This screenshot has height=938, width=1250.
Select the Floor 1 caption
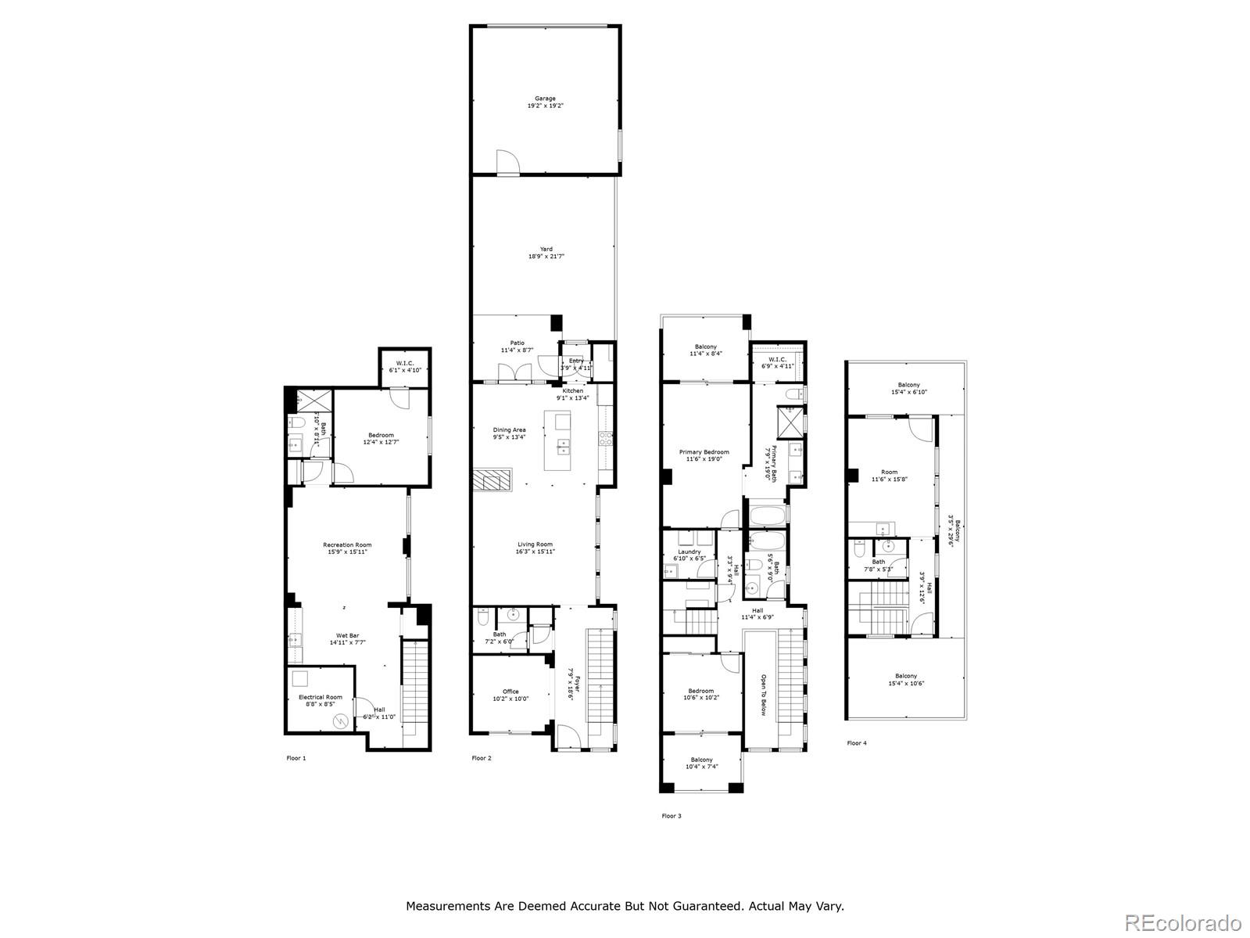[296, 758]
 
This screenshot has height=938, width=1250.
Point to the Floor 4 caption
[857, 743]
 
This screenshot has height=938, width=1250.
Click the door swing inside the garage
[507, 160]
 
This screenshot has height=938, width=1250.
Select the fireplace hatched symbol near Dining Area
[492, 480]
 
